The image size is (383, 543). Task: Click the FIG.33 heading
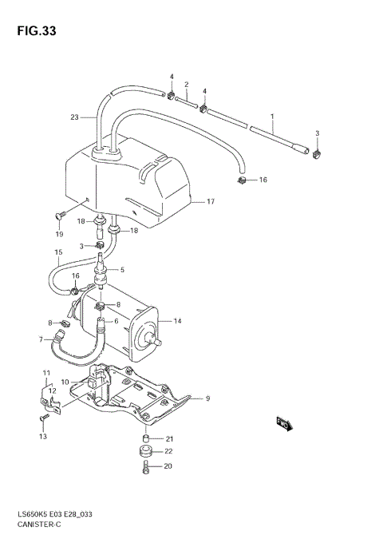click(x=37, y=31)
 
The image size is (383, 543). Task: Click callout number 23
click(x=74, y=117)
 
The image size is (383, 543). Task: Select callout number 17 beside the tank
click(x=211, y=201)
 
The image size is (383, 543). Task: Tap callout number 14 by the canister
click(x=177, y=321)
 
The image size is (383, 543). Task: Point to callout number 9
click(x=207, y=398)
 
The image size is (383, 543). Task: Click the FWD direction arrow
click(x=285, y=424)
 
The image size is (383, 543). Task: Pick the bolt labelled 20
click(x=145, y=467)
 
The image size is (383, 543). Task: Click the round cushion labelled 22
click(x=146, y=452)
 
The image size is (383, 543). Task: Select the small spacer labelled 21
click(x=146, y=438)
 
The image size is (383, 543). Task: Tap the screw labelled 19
click(x=60, y=216)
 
